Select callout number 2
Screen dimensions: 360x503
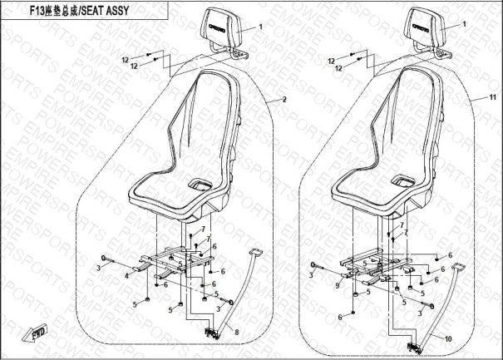pyautogui.click(x=284, y=100)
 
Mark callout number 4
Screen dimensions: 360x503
pyautogui.click(x=126, y=274)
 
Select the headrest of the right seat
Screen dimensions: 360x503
pyautogui.click(x=426, y=27)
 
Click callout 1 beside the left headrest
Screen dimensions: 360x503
pyautogui.click(x=260, y=27)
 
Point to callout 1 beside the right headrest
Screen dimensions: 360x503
pyautogui.click(x=468, y=27)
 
